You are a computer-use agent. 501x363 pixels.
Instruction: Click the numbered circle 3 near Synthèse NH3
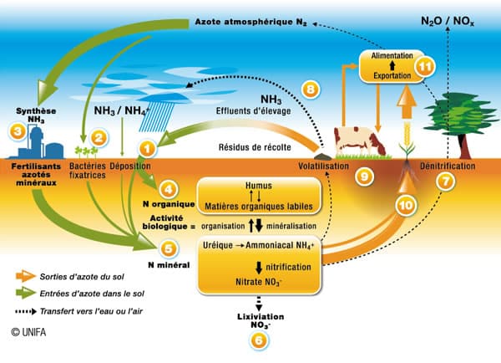tap(16, 130)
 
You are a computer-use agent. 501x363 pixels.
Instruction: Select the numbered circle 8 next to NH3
tap(310, 89)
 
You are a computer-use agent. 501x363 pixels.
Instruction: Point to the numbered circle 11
tap(427, 68)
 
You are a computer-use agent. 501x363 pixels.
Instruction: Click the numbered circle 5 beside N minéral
tap(170, 248)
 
